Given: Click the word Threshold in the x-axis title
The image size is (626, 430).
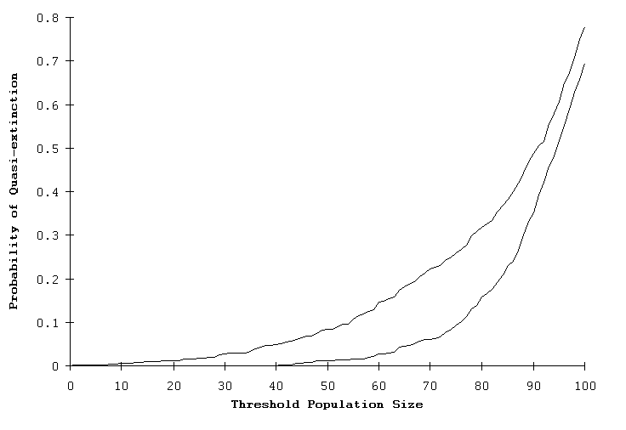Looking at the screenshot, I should click(x=261, y=405).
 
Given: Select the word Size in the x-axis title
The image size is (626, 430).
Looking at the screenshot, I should click(x=409, y=405).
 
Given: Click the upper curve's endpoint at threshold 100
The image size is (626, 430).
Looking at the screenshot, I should click(x=584, y=27).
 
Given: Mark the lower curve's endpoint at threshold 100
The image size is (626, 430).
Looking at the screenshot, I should click(x=584, y=64).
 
